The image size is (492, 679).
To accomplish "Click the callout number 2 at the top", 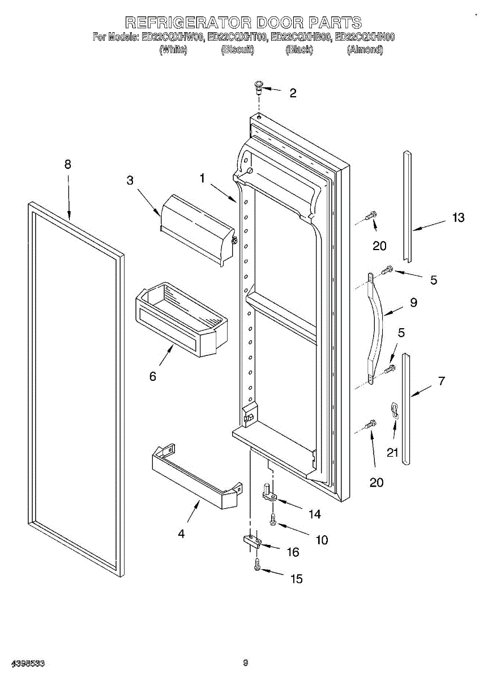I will click(293, 93).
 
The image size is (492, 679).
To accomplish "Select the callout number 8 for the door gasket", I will click(68, 165).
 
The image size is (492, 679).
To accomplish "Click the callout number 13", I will click(457, 217).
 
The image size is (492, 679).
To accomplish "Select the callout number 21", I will click(392, 452).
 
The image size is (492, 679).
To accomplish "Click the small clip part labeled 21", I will click(395, 410).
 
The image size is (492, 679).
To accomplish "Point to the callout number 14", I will click(314, 514).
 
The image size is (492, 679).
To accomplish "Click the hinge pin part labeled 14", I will click(269, 492).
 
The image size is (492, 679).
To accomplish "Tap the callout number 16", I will click(293, 552).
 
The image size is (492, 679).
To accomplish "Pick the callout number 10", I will click(321, 540).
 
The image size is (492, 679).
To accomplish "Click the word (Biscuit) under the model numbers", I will click(237, 50).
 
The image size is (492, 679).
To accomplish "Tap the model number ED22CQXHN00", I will click(365, 37).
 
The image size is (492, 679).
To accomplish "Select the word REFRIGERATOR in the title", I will click(187, 22).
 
